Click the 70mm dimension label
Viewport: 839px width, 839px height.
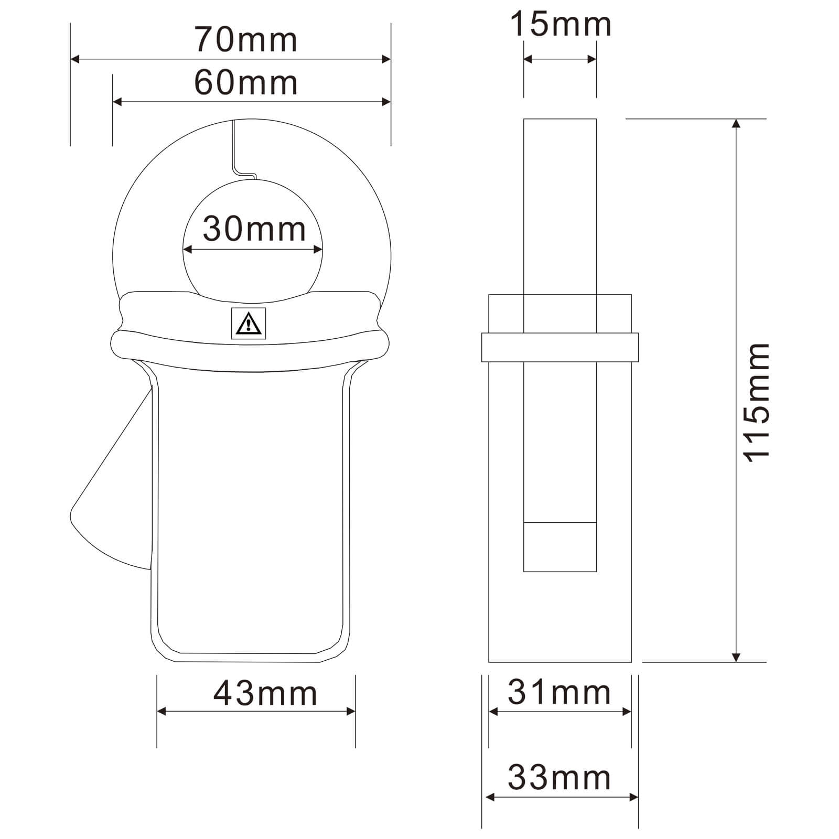pos(246,39)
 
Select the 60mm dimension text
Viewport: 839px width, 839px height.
pos(246,82)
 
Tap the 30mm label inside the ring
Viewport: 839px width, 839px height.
pos(254,229)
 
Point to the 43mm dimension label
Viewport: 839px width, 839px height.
pos(265,693)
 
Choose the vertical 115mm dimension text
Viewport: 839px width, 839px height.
pos(757,403)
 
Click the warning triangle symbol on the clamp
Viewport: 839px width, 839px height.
pos(249,324)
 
